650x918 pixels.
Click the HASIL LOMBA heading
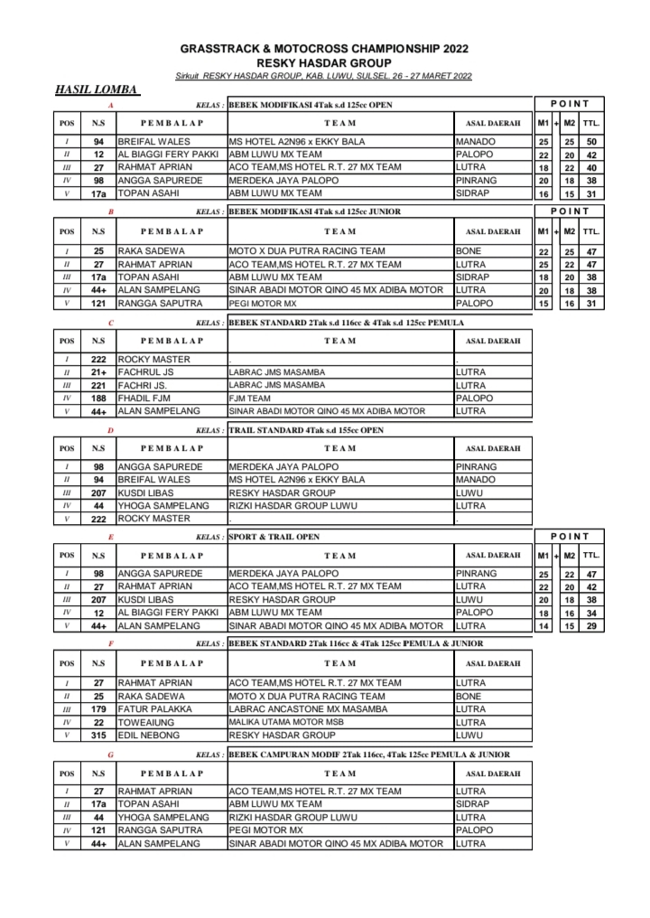coord(97,89)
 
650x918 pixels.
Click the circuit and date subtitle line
coord(323,76)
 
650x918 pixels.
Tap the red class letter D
coord(110,430)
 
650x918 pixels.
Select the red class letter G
coord(110,754)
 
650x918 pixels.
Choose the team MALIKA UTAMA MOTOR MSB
coord(285,722)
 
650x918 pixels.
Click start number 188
coord(98,398)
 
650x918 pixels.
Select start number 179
coord(98,709)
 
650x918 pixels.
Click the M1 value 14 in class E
coord(543,625)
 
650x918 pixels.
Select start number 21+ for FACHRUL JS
coord(98,372)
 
